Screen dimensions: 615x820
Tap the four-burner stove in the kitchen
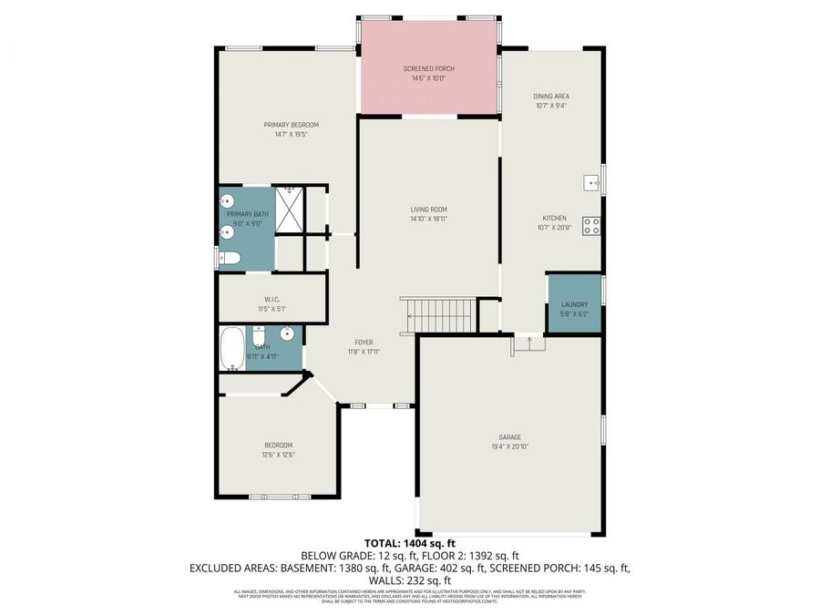(x=592, y=225)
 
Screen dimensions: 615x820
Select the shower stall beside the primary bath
(x=290, y=210)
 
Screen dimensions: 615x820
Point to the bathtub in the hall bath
(x=231, y=349)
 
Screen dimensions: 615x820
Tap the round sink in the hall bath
(x=286, y=333)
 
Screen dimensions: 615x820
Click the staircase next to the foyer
(x=438, y=316)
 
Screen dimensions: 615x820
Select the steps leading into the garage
(x=529, y=343)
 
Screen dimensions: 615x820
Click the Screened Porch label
(x=428, y=69)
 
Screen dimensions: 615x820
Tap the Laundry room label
(x=574, y=305)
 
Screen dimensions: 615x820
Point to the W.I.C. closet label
(x=272, y=299)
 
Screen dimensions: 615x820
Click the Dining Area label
(x=551, y=96)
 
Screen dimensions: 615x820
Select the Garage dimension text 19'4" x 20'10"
(x=509, y=446)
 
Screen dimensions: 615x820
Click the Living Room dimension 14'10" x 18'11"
(x=428, y=219)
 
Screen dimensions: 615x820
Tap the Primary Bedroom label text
(x=292, y=125)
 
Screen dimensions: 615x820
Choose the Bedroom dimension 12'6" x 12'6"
(x=279, y=455)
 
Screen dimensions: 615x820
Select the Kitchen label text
(x=555, y=218)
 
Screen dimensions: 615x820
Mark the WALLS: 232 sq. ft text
(x=410, y=580)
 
